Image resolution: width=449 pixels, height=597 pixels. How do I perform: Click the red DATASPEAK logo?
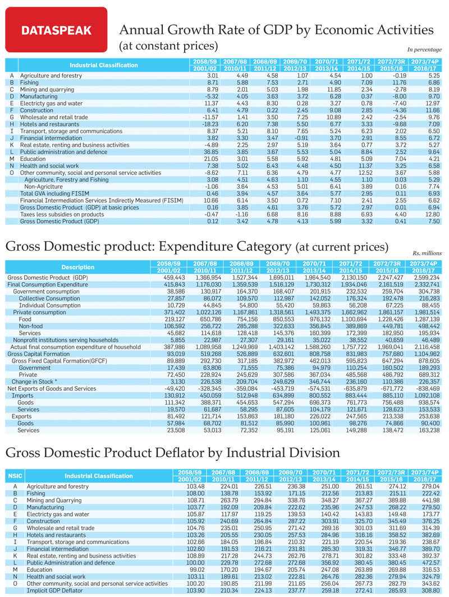click(x=56, y=30)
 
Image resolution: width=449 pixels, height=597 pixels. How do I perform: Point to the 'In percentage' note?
click(x=424, y=49)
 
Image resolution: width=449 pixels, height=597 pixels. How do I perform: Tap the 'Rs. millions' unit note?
click(x=427, y=253)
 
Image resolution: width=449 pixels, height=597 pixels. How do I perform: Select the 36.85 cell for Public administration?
click(x=210, y=152)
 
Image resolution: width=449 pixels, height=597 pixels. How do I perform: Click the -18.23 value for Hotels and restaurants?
click(x=210, y=124)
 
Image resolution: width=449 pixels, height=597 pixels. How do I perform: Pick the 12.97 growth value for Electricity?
click(x=433, y=103)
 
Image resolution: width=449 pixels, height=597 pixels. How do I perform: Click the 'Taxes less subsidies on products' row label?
click(x=62, y=214)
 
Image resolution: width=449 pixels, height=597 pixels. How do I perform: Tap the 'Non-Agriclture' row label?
click(x=43, y=187)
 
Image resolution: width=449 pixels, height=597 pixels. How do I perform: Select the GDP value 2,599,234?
click(x=427, y=278)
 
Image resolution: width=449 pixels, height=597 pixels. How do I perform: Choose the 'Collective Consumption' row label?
click(x=49, y=298)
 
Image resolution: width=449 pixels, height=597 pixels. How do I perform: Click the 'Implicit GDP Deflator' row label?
click(x=55, y=590)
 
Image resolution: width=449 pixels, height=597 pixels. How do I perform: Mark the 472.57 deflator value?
click(x=430, y=563)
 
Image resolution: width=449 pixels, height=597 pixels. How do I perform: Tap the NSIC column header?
click(x=15, y=476)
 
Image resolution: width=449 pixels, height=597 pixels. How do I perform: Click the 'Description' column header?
click(x=77, y=267)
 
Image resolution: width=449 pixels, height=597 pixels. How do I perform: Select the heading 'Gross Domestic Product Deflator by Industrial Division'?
click(x=173, y=453)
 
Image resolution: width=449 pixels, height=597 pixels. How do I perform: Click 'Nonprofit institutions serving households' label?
click(x=66, y=340)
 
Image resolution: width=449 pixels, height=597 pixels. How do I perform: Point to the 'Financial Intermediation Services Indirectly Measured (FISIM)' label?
click(x=102, y=200)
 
